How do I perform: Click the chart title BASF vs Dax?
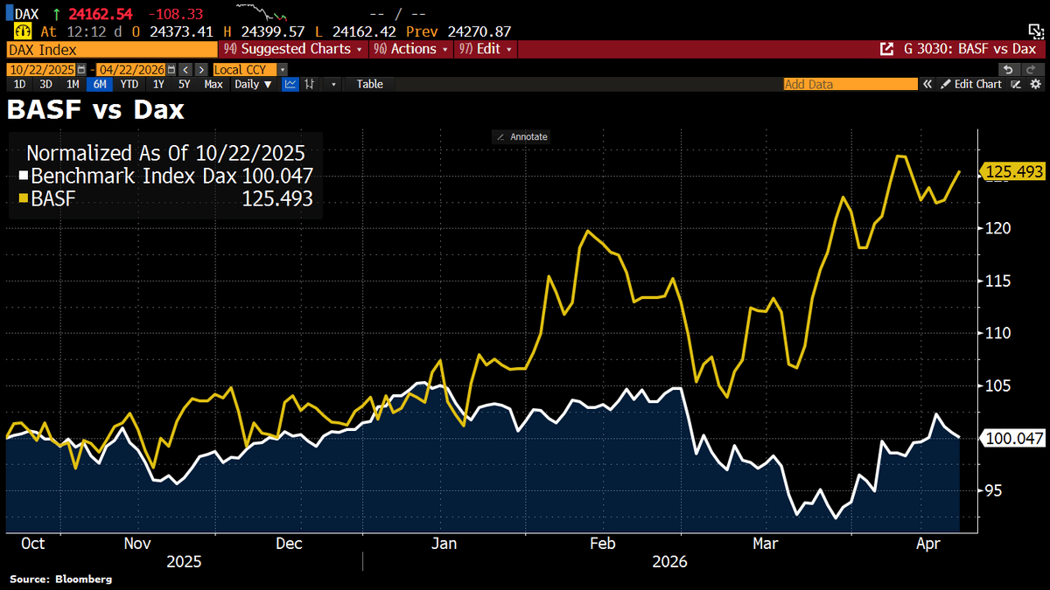[x=95, y=110]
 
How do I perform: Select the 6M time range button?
[x=101, y=84]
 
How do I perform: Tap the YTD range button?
[x=129, y=84]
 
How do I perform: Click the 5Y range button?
[x=184, y=84]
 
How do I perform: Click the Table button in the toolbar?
[x=369, y=84]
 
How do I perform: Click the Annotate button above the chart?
[x=521, y=136]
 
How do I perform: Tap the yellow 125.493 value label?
[x=1014, y=172]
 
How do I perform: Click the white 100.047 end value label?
[x=1014, y=438]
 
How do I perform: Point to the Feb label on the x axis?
[x=604, y=544]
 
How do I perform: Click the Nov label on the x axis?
[x=137, y=544]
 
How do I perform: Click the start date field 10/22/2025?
[x=42, y=69]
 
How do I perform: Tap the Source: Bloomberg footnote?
[x=61, y=579]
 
